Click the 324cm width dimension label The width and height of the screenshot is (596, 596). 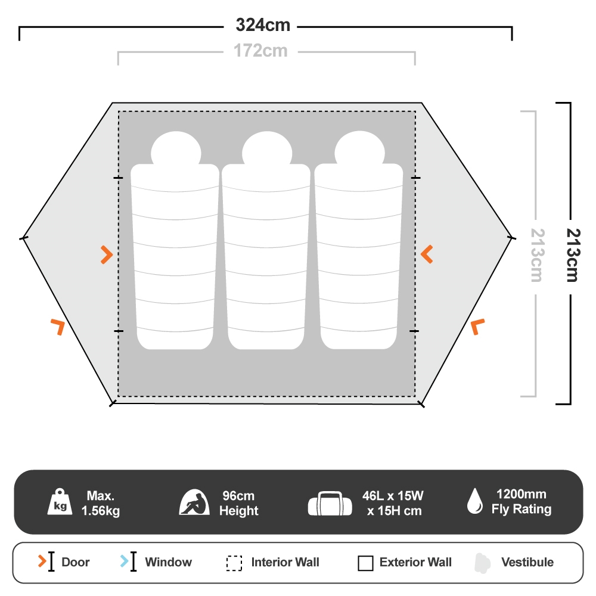(x=263, y=26)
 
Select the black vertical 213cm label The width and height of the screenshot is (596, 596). (x=572, y=254)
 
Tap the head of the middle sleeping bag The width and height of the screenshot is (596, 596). (x=266, y=150)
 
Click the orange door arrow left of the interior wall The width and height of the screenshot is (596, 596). (x=107, y=254)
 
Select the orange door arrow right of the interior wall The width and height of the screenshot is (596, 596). (x=427, y=254)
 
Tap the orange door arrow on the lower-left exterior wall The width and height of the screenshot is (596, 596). (x=58, y=326)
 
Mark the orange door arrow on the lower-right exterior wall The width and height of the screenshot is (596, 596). (x=477, y=327)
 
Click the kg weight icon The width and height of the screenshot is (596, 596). (x=60, y=502)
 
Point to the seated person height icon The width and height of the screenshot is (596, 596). (x=195, y=502)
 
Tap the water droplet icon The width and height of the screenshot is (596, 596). (x=475, y=501)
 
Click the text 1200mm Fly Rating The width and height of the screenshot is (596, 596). (x=521, y=502)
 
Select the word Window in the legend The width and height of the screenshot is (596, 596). (x=168, y=562)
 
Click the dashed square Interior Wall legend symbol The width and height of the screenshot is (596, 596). (x=234, y=563)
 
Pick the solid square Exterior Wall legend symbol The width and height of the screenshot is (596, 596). (x=365, y=563)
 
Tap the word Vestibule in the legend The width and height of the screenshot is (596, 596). (x=527, y=562)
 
